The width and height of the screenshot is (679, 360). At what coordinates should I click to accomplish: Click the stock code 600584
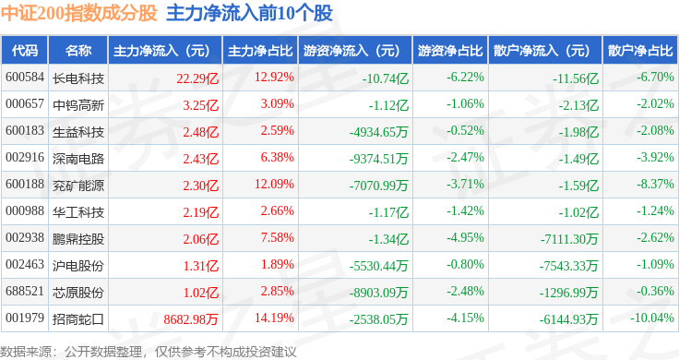point(25,78)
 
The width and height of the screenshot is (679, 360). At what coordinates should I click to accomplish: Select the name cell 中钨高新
point(77,105)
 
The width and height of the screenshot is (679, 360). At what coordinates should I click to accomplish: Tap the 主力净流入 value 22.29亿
point(197,78)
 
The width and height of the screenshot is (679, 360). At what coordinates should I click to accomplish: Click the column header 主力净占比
point(260,51)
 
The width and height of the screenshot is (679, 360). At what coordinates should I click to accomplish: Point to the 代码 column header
point(25,51)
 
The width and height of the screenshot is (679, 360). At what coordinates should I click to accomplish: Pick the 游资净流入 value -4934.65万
point(379,132)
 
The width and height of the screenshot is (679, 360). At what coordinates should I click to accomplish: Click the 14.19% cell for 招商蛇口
point(274,318)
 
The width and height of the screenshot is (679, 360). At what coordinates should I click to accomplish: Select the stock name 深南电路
point(77,159)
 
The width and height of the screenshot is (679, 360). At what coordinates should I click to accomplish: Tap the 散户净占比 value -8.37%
point(655,184)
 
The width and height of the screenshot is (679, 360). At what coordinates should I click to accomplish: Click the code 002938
point(25,238)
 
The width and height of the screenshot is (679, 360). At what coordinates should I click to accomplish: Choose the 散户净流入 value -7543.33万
point(568,266)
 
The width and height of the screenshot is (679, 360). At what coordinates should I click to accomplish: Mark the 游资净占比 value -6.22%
point(465,78)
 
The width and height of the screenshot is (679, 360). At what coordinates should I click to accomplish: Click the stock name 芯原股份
point(77,293)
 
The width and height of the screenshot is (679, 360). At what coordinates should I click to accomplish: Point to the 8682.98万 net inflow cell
point(191,319)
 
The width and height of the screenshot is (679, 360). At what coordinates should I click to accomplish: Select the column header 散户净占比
point(640,51)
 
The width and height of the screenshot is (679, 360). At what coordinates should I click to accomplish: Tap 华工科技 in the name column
point(77,212)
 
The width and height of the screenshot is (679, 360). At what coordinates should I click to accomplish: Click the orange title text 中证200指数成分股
point(78,13)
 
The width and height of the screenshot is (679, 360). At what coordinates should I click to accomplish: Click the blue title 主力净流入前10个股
point(249,13)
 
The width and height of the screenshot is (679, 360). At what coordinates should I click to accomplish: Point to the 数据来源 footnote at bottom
point(149,352)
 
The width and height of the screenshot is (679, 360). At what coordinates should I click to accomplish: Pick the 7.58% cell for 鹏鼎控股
point(277,238)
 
